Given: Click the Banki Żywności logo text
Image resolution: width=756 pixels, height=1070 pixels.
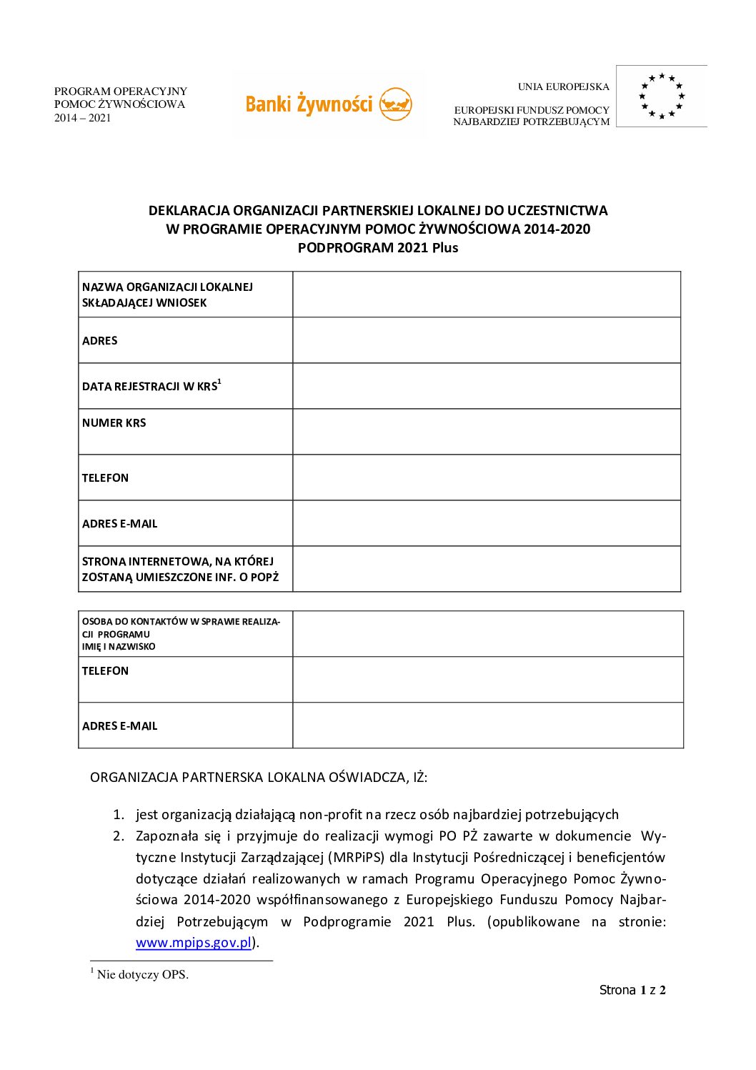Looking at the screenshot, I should pyautogui.click(x=309, y=104).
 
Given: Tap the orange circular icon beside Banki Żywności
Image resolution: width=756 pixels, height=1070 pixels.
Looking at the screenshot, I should pyautogui.click(x=395, y=104).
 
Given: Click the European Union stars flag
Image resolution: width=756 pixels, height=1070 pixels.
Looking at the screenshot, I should pyautogui.click(x=662, y=96).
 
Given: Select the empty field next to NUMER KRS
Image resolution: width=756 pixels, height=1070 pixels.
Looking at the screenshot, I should pyautogui.click(x=486, y=432).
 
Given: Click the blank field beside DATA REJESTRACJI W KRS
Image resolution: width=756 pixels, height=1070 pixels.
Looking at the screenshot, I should pyautogui.click(x=486, y=386).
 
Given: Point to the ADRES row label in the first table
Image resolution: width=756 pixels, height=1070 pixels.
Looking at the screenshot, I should pyautogui.click(x=100, y=341).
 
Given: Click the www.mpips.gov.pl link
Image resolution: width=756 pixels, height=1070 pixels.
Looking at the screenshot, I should pyautogui.click(x=194, y=943).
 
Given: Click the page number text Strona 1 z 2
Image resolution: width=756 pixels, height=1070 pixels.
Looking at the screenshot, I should pyautogui.click(x=632, y=990).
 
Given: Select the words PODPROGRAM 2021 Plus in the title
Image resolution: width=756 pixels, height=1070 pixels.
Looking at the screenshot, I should pyautogui.click(x=378, y=248).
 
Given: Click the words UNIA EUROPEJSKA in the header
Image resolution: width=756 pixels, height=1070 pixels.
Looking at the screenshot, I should pyautogui.click(x=564, y=87).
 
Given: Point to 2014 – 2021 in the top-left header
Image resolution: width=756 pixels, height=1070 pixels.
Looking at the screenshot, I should pyautogui.click(x=83, y=118).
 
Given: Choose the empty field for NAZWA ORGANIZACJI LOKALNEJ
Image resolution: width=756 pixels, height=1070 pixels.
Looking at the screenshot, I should pyautogui.click(x=486, y=294).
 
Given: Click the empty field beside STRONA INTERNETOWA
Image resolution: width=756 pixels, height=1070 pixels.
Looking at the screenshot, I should pyautogui.click(x=486, y=569).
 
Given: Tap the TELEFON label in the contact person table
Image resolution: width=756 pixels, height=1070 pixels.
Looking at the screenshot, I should pyautogui.click(x=106, y=671).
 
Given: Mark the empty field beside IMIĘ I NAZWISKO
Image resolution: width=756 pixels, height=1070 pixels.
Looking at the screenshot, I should pyautogui.click(x=487, y=634).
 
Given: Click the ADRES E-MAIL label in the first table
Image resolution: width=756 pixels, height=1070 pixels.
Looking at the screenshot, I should pyautogui.click(x=120, y=524).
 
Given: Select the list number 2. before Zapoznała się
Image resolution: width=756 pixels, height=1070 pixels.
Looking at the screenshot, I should pyautogui.click(x=119, y=836).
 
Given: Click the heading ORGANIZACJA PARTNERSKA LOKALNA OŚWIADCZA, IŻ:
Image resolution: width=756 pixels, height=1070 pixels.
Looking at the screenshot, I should pyautogui.click(x=259, y=778).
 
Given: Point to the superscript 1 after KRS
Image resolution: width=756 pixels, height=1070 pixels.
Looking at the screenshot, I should pyautogui.click(x=219, y=382).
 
